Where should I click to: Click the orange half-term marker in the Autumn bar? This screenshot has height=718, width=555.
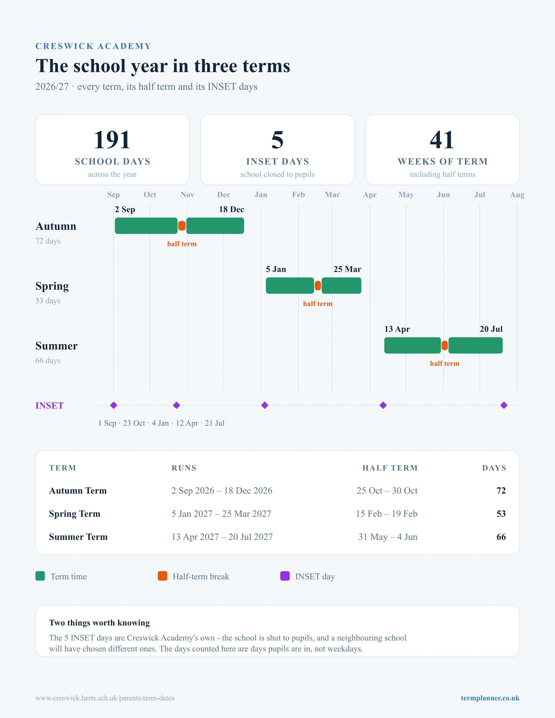[x=182, y=226]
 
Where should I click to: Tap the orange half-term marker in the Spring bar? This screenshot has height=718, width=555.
[x=318, y=285]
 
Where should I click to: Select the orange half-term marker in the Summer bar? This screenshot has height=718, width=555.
[x=445, y=345]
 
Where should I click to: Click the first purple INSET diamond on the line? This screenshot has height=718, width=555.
[x=114, y=405]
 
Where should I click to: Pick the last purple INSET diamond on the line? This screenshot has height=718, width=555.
[x=504, y=405]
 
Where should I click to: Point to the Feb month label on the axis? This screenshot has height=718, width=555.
[x=299, y=195]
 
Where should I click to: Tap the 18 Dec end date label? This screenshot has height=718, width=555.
[x=232, y=209]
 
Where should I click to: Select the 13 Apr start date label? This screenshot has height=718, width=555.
[x=397, y=329]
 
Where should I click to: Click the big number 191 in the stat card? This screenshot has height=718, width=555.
[x=112, y=140]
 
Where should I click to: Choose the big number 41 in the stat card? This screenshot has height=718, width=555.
[x=442, y=140]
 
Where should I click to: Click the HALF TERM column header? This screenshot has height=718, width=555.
[x=390, y=468]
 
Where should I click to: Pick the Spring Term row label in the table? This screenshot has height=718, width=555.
[x=75, y=514]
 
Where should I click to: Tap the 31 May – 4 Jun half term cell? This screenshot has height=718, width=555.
[x=388, y=537]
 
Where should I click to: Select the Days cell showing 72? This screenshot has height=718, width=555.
[x=501, y=491]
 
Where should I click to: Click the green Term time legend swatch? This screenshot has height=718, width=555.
[x=40, y=576]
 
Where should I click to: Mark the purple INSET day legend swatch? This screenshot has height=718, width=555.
[x=285, y=576]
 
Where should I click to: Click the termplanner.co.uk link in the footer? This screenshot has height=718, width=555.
[x=490, y=698]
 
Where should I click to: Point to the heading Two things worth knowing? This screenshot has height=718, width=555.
[x=99, y=623]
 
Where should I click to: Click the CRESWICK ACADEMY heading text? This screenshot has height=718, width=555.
[x=93, y=46]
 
